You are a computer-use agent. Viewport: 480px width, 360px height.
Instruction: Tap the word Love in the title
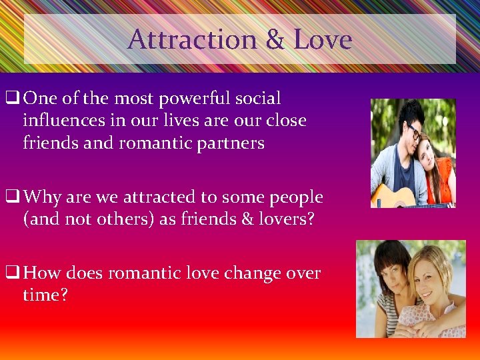coord(322,40)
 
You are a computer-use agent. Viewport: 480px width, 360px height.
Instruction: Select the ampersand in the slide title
coord(275,40)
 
